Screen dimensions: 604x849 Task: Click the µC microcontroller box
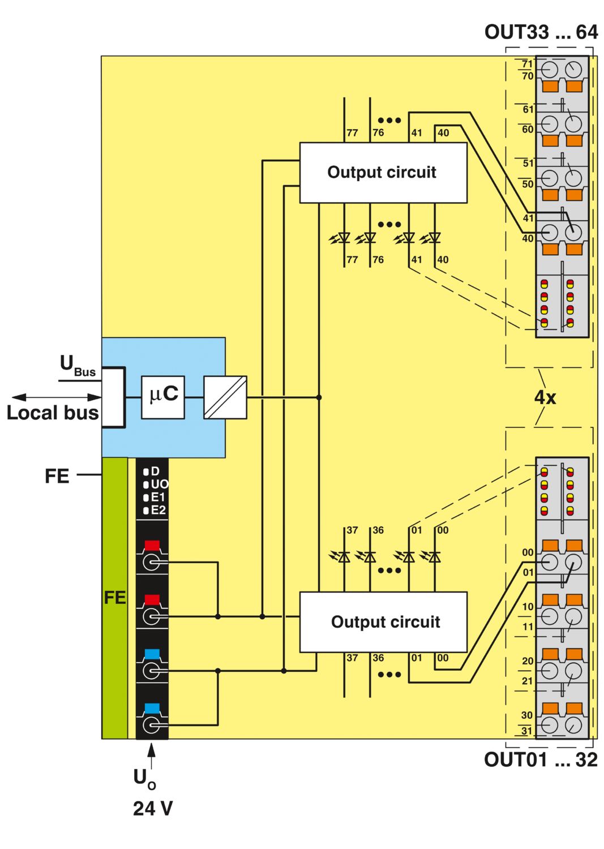coord(162,397)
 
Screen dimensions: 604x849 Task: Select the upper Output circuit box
coord(383,173)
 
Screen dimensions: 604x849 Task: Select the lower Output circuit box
coord(383,622)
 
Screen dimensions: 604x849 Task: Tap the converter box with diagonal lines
coord(225,397)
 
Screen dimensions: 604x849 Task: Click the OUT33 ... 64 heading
coord(541,32)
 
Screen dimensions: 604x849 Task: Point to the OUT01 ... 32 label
coord(541,760)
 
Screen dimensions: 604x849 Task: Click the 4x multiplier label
coord(545,397)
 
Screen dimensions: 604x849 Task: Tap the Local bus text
coord(53,413)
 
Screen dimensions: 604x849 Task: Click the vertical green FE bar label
coord(114,598)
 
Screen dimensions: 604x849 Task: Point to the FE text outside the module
coord(57,476)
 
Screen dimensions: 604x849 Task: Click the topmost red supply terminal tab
coord(152,546)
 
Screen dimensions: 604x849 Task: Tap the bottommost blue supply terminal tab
coord(152,709)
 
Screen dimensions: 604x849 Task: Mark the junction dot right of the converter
coord(319,397)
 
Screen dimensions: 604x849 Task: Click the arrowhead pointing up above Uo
coord(151,750)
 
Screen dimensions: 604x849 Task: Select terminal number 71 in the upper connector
coord(528,63)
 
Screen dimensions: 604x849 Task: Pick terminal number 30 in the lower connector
coord(527,715)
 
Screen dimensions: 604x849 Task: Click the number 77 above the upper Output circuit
coord(352,132)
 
